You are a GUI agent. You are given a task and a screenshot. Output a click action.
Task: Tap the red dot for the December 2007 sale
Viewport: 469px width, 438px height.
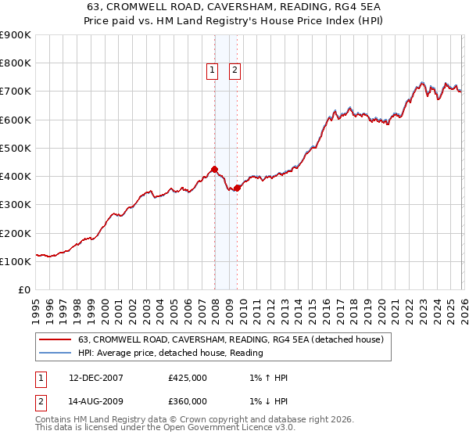[x=214, y=169]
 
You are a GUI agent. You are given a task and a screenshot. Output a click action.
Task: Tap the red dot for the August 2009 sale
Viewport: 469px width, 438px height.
[x=237, y=188]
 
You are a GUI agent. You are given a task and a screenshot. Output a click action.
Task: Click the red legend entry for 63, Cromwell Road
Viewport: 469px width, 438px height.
[x=231, y=340]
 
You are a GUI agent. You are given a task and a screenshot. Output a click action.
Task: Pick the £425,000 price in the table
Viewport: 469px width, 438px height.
[x=188, y=378]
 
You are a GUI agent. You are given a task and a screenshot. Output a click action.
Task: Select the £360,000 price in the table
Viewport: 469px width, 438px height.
[x=188, y=401]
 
